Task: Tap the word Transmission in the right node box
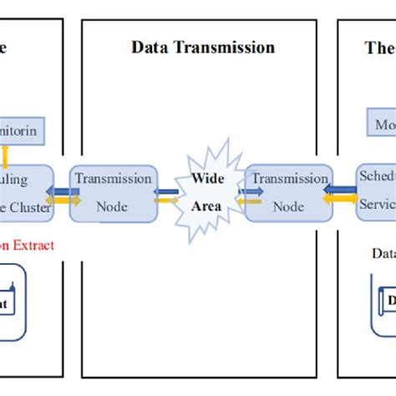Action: pos(289,178)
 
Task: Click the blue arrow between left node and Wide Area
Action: pos(165,191)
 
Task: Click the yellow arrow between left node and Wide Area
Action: pos(165,200)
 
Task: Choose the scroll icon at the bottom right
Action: pos(383,301)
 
